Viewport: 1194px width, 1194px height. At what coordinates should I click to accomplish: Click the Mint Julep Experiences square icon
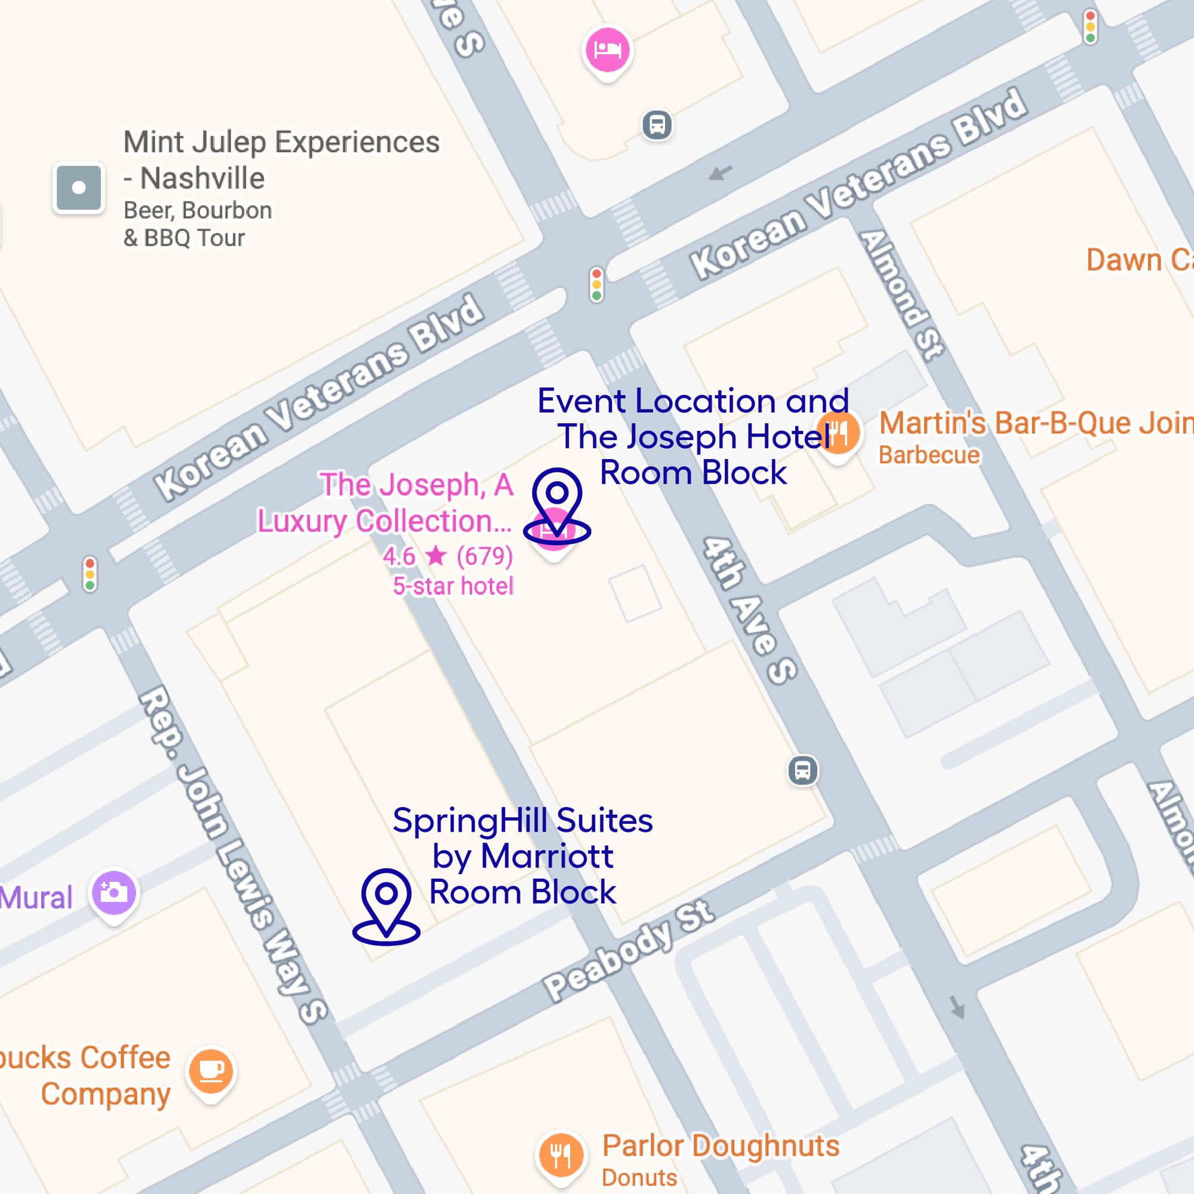(78, 188)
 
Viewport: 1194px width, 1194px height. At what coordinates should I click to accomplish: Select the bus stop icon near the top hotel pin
(657, 125)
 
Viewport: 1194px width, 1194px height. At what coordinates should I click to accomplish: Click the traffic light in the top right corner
(1090, 27)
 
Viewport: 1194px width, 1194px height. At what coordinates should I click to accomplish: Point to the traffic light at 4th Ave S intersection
(596, 284)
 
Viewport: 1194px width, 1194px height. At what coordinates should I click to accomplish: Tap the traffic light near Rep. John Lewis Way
(90, 574)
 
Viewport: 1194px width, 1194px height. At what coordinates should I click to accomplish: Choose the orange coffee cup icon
(211, 1070)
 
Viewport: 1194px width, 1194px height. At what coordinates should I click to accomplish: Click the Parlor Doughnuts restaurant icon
(561, 1155)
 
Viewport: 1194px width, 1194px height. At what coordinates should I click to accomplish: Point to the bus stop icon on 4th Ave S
(803, 771)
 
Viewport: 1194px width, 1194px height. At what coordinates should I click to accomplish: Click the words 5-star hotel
(453, 586)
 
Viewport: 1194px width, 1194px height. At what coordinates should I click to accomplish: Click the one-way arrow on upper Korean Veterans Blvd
(720, 173)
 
